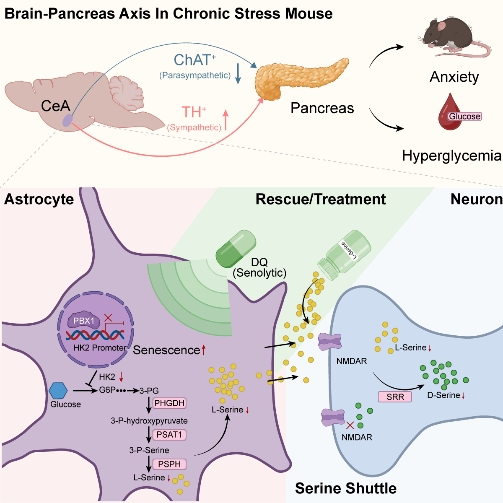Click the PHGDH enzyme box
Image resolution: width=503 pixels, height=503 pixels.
click(169, 403)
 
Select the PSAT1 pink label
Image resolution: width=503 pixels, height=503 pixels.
click(169, 435)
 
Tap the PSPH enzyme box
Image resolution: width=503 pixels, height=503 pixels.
click(169, 464)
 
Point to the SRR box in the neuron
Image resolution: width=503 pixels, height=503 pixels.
click(395, 397)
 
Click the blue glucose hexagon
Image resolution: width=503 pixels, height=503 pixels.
click(58, 391)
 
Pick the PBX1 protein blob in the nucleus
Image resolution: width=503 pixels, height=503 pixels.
click(84, 321)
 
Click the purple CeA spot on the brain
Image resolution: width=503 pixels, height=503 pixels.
click(67, 121)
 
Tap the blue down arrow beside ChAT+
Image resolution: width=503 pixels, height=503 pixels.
click(238, 74)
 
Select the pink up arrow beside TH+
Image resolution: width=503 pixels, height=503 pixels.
click(226, 120)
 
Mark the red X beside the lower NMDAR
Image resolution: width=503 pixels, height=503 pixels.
click(350, 425)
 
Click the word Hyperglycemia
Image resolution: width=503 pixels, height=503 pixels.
click(451, 156)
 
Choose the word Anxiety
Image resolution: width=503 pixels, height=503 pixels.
click(454, 77)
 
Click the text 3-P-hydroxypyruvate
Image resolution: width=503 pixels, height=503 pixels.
click(149, 421)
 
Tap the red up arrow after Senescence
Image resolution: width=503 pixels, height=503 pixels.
click(204, 350)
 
